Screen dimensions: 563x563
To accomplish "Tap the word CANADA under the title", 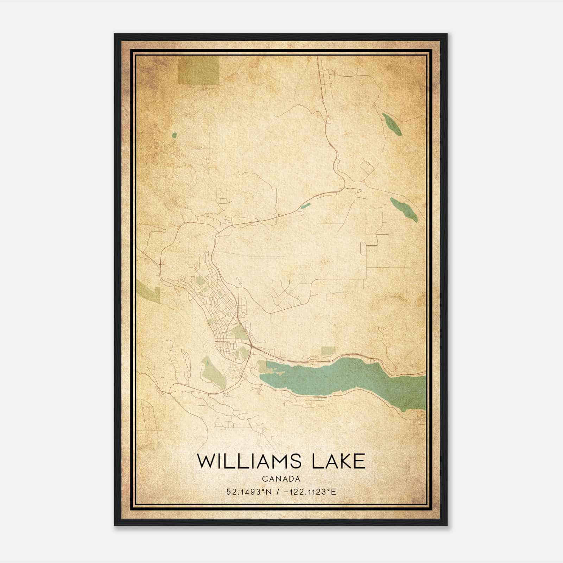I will (x=281, y=479).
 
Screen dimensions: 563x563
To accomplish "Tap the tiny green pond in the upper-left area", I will (x=174, y=134).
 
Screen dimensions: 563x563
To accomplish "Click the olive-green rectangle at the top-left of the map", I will (x=198, y=70).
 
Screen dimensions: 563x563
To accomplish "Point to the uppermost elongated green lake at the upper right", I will (x=392, y=124).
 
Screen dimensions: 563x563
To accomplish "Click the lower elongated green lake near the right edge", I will (x=404, y=209).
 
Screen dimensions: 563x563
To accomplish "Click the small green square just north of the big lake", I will (x=328, y=350).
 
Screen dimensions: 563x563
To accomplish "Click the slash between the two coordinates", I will (x=279, y=492).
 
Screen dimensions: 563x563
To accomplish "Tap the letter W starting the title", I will (x=204, y=461).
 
